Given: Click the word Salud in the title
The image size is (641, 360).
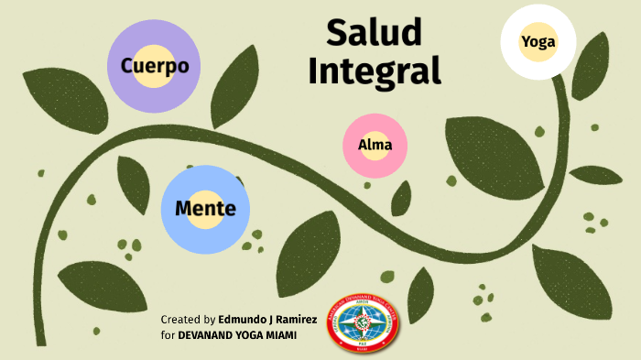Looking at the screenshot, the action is (x=374, y=33).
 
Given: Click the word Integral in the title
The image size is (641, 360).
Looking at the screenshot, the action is (x=374, y=71).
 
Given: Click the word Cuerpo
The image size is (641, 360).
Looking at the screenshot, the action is (x=154, y=67).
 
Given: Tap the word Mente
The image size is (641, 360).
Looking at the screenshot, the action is (x=205, y=209).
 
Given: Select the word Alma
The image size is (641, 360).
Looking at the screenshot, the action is (x=375, y=146).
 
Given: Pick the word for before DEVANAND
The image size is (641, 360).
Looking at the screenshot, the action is (x=168, y=335).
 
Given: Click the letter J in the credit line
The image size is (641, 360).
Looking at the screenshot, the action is (x=273, y=320).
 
